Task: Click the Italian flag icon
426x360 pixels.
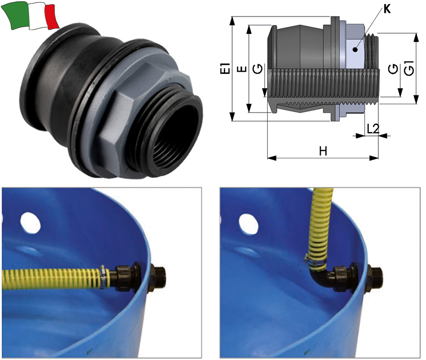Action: (x=30, y=16)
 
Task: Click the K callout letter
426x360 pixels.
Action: (x=387, y=9)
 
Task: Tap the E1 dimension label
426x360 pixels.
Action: (x=225, y=68)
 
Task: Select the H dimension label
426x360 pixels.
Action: (x=323, y=151)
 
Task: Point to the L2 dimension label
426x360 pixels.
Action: (x=373, y=129)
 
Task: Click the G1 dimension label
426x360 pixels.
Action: (x=409, y=68)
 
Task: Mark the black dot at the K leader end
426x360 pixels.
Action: (x=355, y=49)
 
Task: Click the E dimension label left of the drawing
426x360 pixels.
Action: (x=242, y=69)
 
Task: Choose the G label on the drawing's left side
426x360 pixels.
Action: (x=258, y=69)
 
